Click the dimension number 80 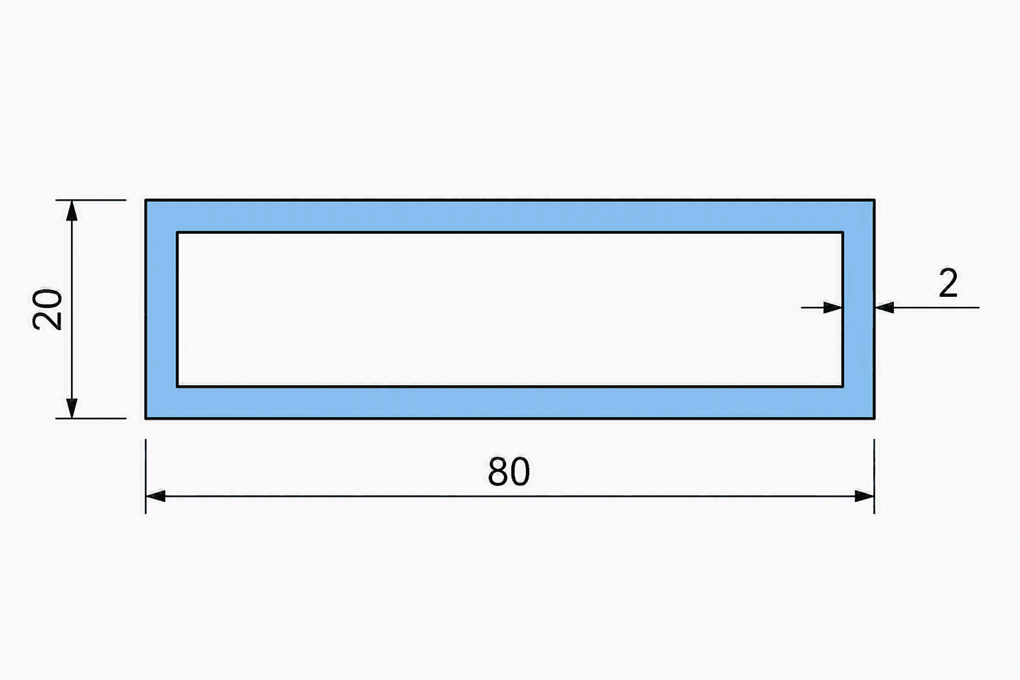[x=509, y=471]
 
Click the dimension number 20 [x=47, y=309]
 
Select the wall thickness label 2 [x=948, y=284]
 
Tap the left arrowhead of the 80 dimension [x=156, y=496]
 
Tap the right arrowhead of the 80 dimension [x=864, y=496]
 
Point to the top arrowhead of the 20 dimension [x=72, y=211]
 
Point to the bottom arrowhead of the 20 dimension [x=72, y=408]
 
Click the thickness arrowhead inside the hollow [x=833, y=308]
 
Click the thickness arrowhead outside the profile [x=885, y=308]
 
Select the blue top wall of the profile [x=509, y=216]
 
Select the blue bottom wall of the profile [x=509, y=402]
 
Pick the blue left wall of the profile [x=161, y=309]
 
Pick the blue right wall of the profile [x=859, y=309]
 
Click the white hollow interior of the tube [x=510, y=309]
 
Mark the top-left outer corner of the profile [x=145, y=200]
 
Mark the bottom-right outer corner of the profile [x=875, y=418]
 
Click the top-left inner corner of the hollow [x=177, y=232]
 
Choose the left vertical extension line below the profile [x=145, y=476]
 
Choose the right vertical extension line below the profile [x=875, y=476]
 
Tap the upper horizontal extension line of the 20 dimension [x=90, y=200]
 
